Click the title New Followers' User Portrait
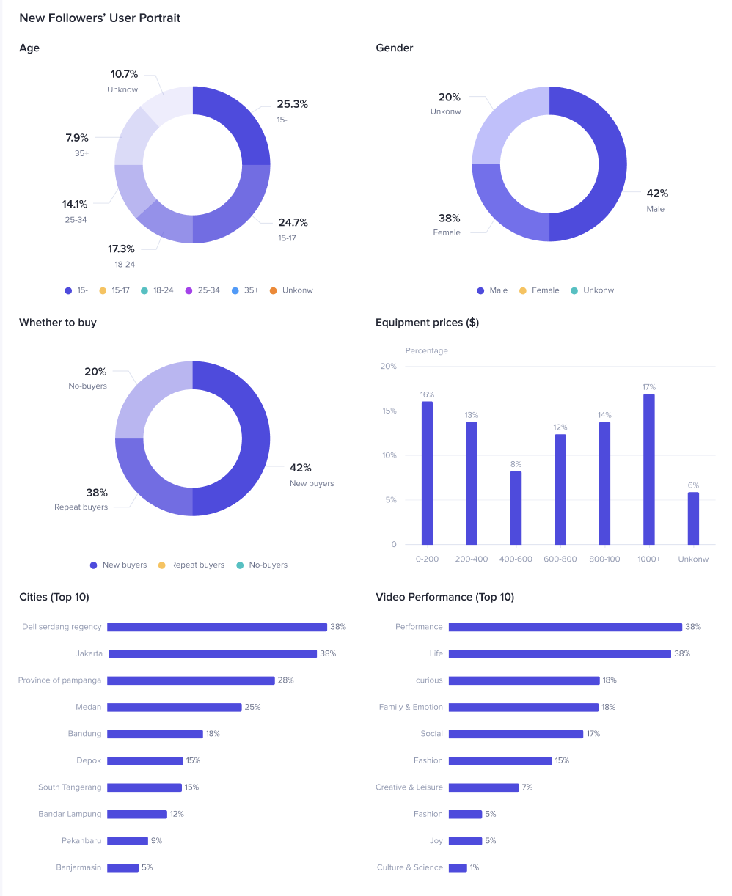(100, 18)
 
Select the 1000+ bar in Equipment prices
(648, 469)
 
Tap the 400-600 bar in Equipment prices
(516, 507)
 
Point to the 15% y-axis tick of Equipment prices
(388, 411)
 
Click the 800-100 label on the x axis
(604, 559)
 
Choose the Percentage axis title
(426, 350)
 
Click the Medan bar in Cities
(174, 708)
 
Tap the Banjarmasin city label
(78, 867)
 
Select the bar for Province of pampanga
(191, 680)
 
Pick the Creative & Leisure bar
(483, 787)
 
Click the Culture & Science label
(409, 867)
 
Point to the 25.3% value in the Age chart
(292, 104)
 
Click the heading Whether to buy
(58, 323)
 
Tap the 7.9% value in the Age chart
(77, 138)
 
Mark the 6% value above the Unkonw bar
(693, 485)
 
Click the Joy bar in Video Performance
(465, 841)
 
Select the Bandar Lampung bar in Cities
(137, 814)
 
